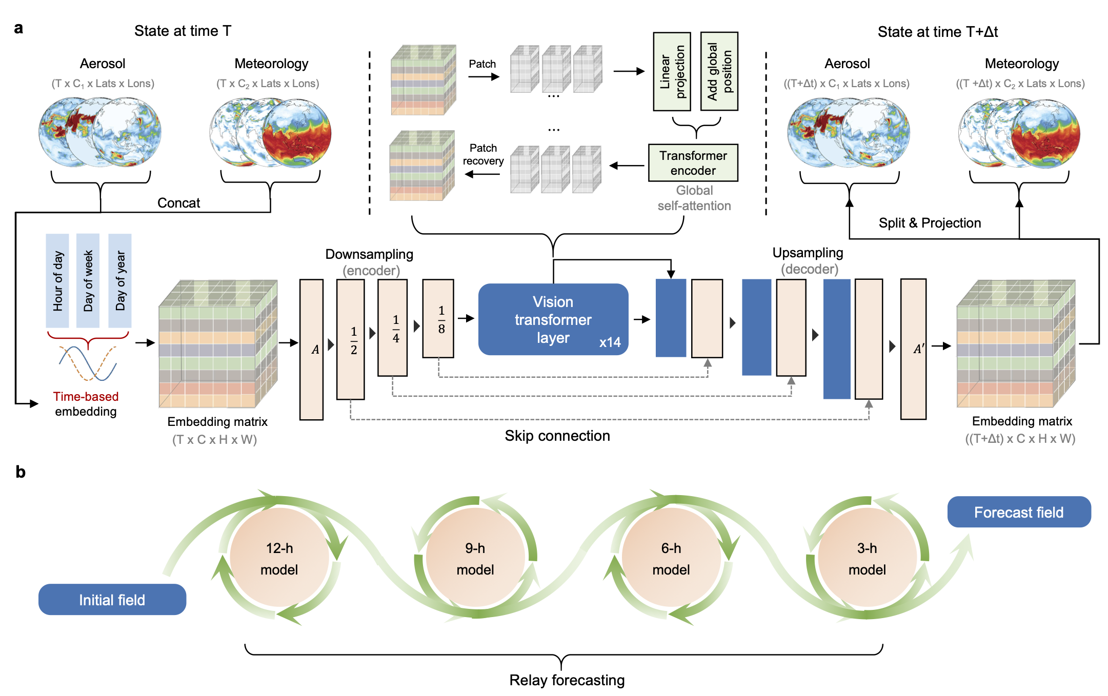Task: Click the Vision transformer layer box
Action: tap(553, 319)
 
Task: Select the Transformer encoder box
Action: tap(693, 163)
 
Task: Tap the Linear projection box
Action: tap(672, 71)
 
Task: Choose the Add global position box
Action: tap(719, 71)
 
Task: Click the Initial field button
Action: tap(112, 599)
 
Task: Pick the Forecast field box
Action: tap(1018, 511)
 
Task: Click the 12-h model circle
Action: tap(279, 558)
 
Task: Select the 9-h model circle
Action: tap(475, 558)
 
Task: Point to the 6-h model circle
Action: tap(671, 558)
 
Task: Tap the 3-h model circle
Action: tap(867, 558)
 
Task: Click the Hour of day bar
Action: tap(57, 280)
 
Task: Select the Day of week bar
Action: tap(88, 280)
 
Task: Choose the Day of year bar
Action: tap(120, 280)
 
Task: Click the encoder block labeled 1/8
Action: tap(438, 318)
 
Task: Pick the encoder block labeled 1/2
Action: tap(351, 339)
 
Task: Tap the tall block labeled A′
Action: tap(913, 349)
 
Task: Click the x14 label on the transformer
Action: tap(610, 342)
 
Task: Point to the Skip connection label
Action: tap(557, 436)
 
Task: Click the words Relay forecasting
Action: tap(567, 680)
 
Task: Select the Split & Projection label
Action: tap(930, 223)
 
